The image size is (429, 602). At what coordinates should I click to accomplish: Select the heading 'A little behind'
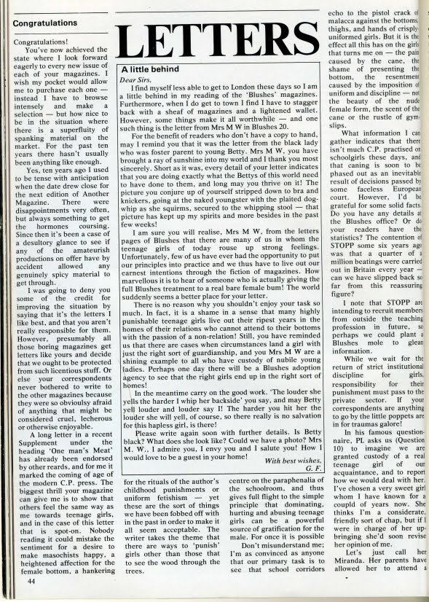[151, 71]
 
